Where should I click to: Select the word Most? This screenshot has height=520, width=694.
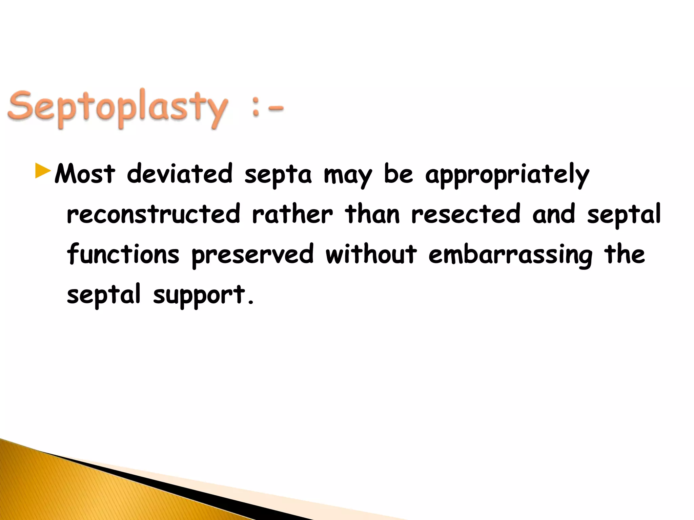(85, 174)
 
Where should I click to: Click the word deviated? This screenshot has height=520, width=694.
(180, 174)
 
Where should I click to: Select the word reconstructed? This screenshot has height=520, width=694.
(154, 214)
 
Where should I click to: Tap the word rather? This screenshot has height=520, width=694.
(292, 214)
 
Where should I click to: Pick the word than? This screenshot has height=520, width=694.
(372, 214)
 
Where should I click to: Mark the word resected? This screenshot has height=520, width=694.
(466, 214)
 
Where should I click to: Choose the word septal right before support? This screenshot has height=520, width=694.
(103, 295)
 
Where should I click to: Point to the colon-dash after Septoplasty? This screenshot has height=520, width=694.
(267, 109)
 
